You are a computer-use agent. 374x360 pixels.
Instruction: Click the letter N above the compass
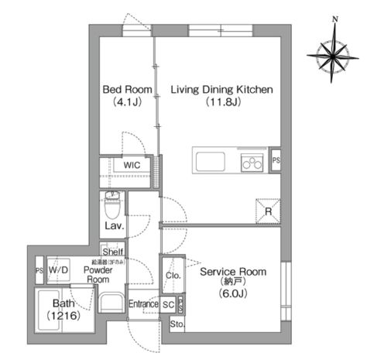coord(335,18)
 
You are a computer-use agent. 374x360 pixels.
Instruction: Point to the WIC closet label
coord(130,165)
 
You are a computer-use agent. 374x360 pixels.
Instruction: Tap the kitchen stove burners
coord(252,163)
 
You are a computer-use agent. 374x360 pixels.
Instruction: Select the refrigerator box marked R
coord(266,209)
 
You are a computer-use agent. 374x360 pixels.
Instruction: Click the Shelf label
coord(113,252)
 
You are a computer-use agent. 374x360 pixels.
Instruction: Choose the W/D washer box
coord(59,269)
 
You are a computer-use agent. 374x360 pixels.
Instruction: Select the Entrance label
coord(143,304)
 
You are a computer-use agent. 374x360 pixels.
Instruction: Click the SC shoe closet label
coord(168,304)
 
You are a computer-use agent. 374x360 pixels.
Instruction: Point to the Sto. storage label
coord(177,324)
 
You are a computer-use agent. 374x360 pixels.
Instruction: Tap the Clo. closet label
coord(172,276)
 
